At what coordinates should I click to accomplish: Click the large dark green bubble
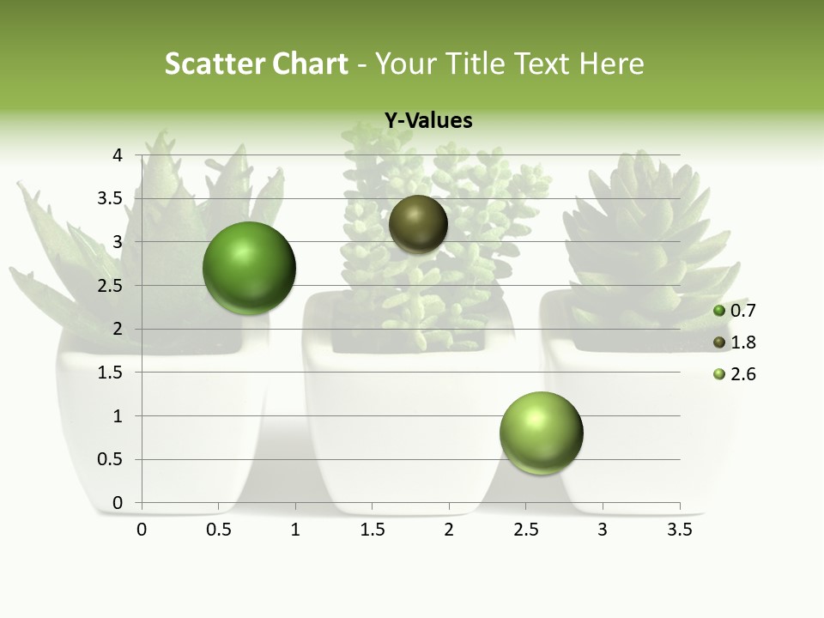point(249,268)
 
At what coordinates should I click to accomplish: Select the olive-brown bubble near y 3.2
point(418,224)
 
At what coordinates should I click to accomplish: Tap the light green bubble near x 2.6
point(541,433)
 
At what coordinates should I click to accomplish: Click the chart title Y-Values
point(427,121)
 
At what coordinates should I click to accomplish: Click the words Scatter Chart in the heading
point(256,64)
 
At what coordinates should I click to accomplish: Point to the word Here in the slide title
point(612,64)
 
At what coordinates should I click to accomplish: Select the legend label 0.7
point(742,311)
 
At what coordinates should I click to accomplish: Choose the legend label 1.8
point(742,342)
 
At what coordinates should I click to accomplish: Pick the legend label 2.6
point(742,374)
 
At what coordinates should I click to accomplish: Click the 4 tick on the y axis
point(118,155)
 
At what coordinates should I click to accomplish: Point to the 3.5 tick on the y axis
point(111,199)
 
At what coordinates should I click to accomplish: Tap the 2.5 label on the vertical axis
point(111,286)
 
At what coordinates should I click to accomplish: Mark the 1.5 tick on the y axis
point(111,373)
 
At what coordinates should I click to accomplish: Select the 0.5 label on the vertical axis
point(111,460)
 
